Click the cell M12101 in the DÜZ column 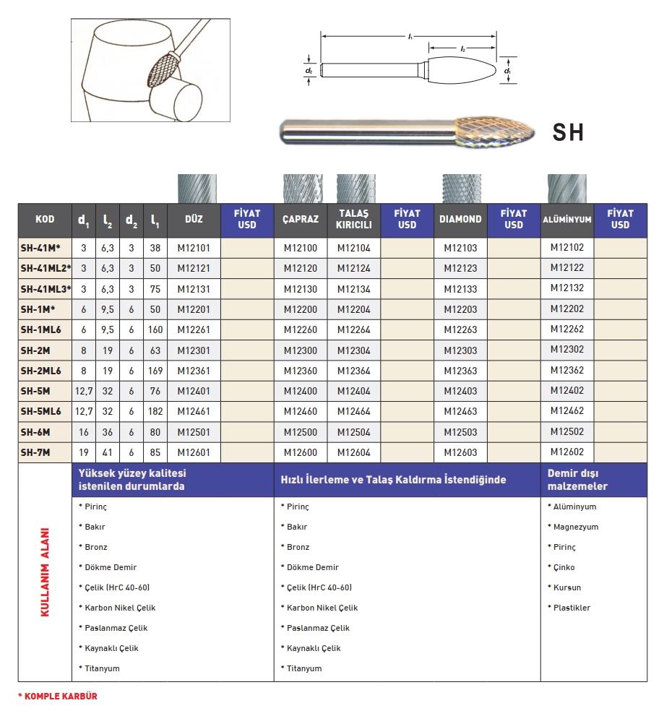pos(194,248)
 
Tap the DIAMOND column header pos(460,219)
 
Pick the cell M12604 pos(354,452)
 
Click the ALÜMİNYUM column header pos(567,219)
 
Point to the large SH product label pos(567,132)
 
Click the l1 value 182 pos(155,411)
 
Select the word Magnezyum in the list pos(575,527)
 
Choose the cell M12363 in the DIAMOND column pos(460,371)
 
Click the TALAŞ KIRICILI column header pos(354,219)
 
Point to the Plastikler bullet pos(571,608)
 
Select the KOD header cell pos(45,219)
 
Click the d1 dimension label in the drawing pos(508,72)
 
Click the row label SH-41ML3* pos(46,288)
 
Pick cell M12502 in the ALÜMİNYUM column pos(567,431)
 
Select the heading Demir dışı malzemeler pos(577,479)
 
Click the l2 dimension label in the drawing pos(462,48)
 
